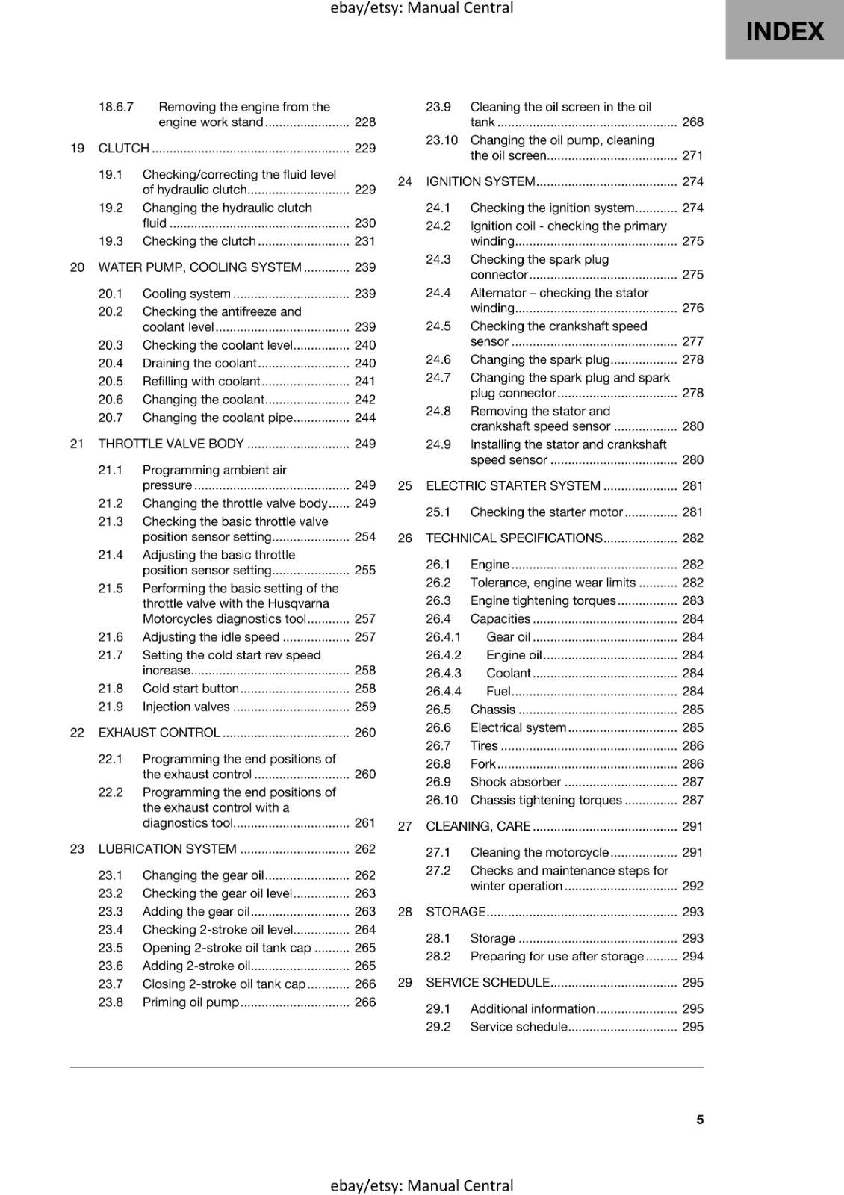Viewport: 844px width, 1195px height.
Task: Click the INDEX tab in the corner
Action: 784,31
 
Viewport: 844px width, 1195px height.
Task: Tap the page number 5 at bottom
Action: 700,1120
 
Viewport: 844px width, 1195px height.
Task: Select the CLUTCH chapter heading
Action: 124,148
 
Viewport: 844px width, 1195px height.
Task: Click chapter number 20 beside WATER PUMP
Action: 77,267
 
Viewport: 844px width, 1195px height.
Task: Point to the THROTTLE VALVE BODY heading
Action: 171,444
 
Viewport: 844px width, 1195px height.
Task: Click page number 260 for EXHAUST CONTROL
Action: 365,733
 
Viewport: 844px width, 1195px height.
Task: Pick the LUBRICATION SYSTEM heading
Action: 167,848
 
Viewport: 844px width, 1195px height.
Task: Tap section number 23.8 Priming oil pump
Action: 111,1002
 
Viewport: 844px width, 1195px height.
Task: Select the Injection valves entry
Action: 186,707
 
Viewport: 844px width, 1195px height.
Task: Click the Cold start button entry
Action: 190,689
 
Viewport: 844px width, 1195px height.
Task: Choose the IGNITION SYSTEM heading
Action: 480,181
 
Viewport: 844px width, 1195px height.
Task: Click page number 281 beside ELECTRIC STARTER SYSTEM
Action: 692,485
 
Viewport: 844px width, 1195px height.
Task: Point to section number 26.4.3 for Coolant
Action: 444,673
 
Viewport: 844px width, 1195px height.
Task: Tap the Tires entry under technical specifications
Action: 484,745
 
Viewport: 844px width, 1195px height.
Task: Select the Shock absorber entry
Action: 515,782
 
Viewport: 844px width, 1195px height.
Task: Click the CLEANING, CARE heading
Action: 478,826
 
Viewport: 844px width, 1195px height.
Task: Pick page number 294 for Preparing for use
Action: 692,956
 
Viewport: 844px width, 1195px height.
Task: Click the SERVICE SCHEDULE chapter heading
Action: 488,982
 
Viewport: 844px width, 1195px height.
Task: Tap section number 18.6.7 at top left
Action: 116,107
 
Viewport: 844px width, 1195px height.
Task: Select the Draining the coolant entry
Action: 199,363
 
